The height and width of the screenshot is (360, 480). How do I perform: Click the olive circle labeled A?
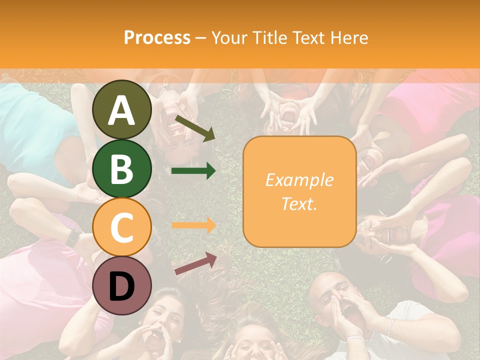(122, 110)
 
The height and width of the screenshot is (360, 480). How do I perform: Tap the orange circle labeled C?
(122, 227)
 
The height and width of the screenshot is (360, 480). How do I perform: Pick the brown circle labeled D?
(122, 285)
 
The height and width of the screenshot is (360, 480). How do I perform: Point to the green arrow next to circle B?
(193, 171)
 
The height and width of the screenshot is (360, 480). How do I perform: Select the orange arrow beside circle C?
(193, 225)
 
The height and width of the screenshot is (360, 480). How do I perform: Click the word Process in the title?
(157, 37)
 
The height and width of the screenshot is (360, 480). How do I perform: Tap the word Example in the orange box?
(299, 180)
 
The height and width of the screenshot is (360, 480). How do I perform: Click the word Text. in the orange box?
(299, 203)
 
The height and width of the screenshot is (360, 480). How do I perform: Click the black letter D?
(122, 286)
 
